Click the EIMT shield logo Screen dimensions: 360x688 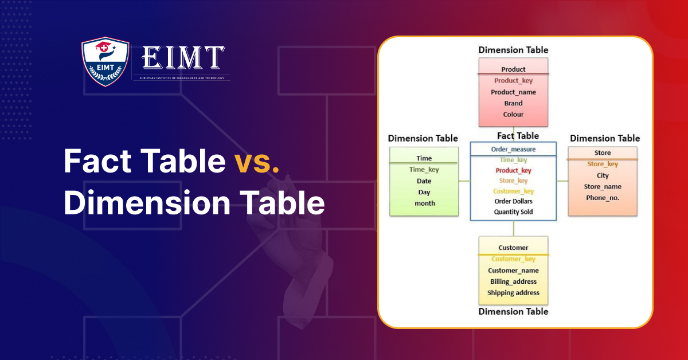coord(104,61)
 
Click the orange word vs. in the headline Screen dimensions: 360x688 coord(257,161)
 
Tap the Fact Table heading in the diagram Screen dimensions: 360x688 coord(517,136)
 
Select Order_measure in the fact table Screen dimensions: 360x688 coord(513,150)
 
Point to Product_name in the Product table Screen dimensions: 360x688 coord(513,92)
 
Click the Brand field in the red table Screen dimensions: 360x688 coord(513,103)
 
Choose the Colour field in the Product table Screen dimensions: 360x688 coord(513,115)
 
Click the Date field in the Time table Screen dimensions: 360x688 coord(424,181)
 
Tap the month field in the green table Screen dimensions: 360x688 coord(424,204)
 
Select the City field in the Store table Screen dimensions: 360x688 coord(603,175)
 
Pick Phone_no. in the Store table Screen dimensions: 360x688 coord(603,198)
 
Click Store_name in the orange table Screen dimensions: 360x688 coord(603,186)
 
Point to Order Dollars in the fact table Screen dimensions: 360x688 coord(513,201)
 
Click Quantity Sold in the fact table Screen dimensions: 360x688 coord(513,212)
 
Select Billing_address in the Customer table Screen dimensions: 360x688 coord(513,281)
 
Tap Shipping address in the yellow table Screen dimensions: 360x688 coord(513,293)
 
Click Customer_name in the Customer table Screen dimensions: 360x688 coord(513,271)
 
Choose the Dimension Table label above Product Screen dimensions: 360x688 coord(513,50)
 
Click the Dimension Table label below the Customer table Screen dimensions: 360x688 coord(513,312)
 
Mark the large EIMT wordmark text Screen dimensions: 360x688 coord(182,58)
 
